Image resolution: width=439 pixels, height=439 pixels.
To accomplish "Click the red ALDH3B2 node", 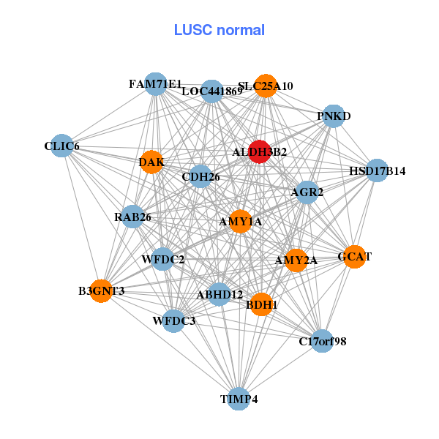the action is coord(260,151).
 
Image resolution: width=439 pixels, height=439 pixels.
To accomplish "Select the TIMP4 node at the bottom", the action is coord(239,399).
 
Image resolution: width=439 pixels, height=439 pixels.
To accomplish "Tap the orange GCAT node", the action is coord(354,257).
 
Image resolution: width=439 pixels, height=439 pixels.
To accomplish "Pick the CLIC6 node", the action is coord(61,146).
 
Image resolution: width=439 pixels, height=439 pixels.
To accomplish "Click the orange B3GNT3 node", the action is coord(101,291).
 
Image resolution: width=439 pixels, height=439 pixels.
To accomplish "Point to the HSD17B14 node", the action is coord(377,171).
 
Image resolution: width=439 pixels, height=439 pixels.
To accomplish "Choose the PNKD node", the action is coord(334,116).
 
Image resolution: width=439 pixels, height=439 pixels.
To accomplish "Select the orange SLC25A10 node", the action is coord(266,86).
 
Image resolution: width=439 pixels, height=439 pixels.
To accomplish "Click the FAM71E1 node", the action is coord(155,84).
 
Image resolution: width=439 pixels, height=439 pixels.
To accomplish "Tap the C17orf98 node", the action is coord(323,340).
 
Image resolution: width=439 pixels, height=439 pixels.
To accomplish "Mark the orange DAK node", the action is coord(151,162).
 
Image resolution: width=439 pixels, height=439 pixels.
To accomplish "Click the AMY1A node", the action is coord(241,221).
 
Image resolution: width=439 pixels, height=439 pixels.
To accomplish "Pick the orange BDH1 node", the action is coord(261,304).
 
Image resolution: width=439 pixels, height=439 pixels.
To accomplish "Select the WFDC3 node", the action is coord(173,320).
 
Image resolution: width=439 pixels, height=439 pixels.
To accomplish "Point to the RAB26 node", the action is coord(132,217).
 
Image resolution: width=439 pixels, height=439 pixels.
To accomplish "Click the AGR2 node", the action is coord(307,192).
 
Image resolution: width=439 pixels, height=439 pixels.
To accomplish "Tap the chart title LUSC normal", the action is coord(219,30).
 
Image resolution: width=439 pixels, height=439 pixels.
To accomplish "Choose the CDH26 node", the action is coord(200,176).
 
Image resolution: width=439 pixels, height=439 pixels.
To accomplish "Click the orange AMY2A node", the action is coord(296,260).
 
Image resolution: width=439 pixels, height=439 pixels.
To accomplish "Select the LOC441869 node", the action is coord(212,91).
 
